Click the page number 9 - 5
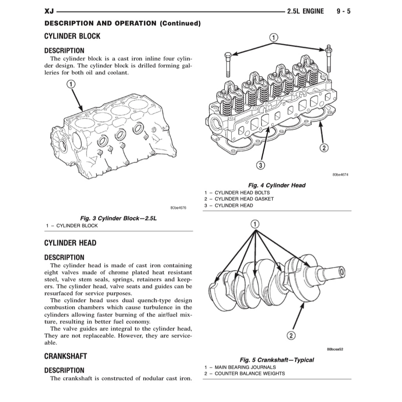coord(344,11)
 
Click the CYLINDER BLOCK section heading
coord(72,36)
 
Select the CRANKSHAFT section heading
coord(65,356)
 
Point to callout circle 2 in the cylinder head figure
coord(324,148)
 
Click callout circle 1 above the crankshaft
coord(254,224)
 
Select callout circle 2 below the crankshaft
coord(291,335)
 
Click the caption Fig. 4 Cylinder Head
coord(276,185)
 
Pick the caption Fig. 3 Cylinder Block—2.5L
coord(118,218)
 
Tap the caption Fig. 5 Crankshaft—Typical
coord(276,360)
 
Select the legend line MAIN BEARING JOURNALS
coord(245,367)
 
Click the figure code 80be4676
coord(179,208)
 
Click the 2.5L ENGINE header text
coord(305,11)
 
